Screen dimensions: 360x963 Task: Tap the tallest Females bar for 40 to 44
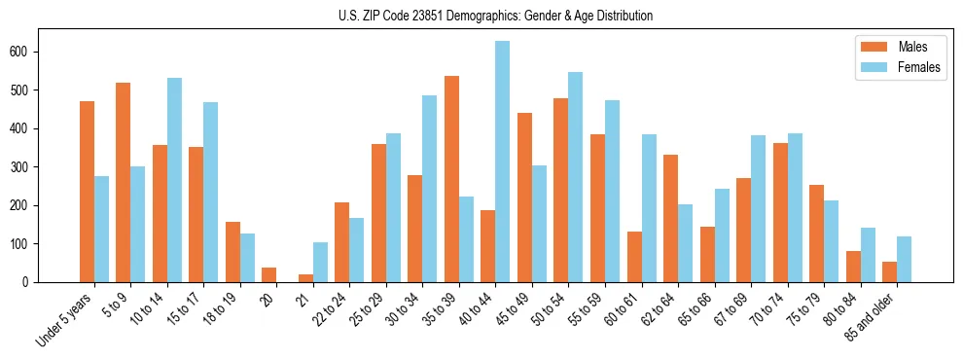pyautogui.click(x=503, y=162)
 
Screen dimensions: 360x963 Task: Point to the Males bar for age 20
pyautogui.click(x=268, y=274)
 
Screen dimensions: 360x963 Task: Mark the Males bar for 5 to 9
pyautogui.click(x=123, y=182)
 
